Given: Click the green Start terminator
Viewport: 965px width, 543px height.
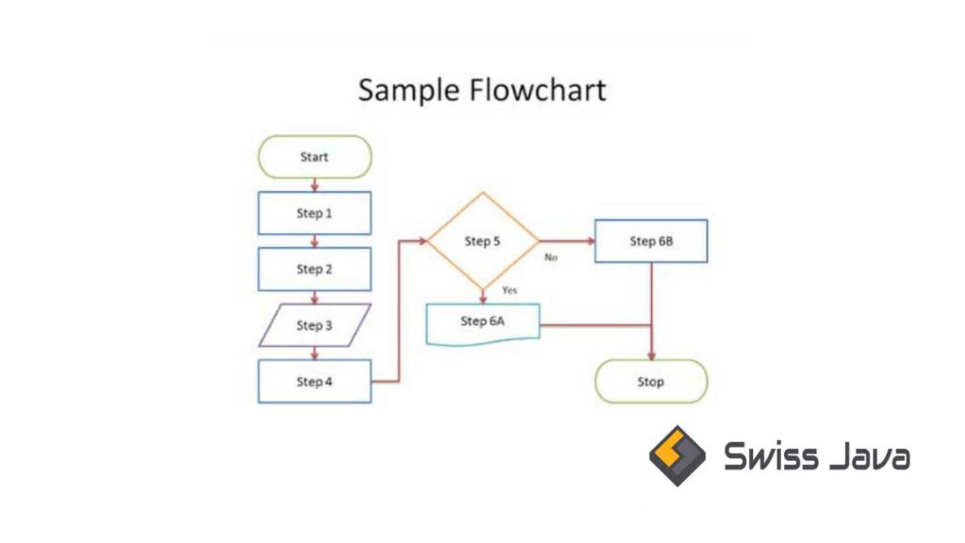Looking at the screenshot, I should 314,156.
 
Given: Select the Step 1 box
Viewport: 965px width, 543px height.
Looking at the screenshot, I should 314,213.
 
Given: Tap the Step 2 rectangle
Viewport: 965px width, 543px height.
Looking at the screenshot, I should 314,269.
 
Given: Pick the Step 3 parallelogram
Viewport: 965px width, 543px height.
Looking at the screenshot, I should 314,325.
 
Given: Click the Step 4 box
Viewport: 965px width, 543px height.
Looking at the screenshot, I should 314,382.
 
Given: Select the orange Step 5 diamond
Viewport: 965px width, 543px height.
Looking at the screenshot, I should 482,241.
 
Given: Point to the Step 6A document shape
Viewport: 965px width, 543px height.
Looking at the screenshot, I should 482,322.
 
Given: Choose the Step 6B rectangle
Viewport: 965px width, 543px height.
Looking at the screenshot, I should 650,241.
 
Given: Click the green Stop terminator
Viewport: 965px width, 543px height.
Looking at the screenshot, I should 650,382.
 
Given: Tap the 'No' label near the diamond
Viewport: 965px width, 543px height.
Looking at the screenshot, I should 551,256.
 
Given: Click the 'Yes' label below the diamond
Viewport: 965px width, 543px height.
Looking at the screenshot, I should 510,290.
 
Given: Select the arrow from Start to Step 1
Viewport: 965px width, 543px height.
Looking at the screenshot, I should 315,185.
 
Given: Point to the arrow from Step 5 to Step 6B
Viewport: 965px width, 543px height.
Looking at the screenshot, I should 566,241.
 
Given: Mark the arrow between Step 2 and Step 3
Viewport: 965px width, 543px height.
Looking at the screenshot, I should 315,297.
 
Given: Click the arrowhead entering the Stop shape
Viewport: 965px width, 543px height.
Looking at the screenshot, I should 651,354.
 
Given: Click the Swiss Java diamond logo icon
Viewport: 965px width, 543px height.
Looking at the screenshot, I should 677,455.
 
